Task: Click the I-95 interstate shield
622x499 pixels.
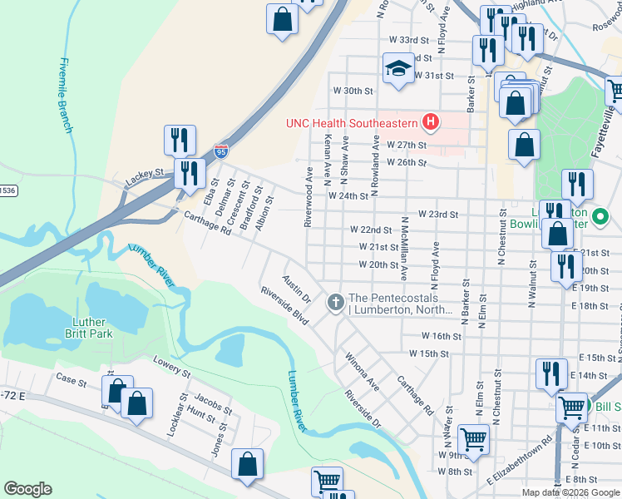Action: tap(220, 151)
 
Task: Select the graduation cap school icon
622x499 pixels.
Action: tap(398, 69)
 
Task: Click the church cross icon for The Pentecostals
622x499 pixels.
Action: tap(336, 301)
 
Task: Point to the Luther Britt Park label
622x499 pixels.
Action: tap(88, 328)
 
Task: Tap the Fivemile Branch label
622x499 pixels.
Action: tap(66, 95)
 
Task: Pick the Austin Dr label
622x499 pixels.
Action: tap(296, 289)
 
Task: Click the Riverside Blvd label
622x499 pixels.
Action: tap(284, 306)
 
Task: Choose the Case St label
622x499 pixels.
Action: tap(72, 382)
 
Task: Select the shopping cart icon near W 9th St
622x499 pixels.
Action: tap(473, 437)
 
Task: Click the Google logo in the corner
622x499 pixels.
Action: tap(28, 489)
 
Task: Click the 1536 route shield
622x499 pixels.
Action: tap(7, 190)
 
